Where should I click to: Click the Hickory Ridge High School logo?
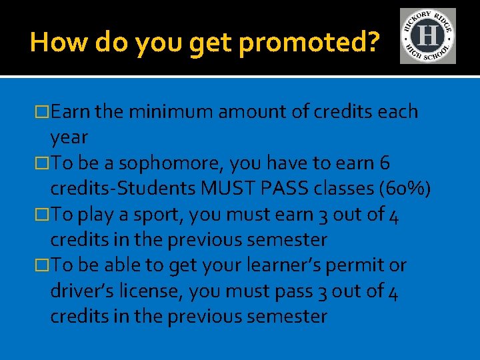[427, 36]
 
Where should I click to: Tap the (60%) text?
[404, 189]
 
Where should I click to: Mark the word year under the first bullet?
[69, 137]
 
